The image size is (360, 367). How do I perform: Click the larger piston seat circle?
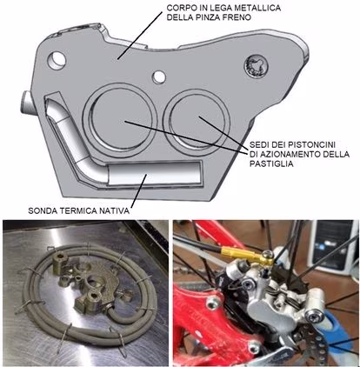[x=120, y=118]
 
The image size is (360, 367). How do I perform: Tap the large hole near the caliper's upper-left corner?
[x=57, y=60]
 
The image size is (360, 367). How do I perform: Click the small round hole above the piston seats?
[x=159, y=77]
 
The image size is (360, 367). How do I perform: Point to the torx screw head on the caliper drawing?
[x=256, y=66]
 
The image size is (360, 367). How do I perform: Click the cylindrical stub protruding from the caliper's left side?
[x=28, y=103]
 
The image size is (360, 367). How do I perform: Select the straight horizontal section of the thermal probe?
[x=154, y=173]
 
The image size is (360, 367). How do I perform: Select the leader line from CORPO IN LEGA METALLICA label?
[x=140, y=36]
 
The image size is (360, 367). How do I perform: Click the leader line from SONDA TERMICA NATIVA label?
[x=139, y=190]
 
